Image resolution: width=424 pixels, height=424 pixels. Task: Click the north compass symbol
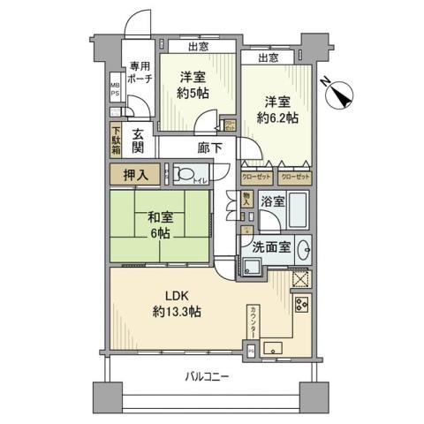(336, 90)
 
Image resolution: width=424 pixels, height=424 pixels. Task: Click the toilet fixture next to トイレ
(185, 173)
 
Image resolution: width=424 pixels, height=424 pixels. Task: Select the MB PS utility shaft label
(114, 92)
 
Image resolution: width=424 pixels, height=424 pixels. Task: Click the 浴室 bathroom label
(272, 201)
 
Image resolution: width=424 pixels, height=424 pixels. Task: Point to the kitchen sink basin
(273, 345)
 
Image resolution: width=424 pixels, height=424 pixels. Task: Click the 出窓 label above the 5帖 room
(197, 48)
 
